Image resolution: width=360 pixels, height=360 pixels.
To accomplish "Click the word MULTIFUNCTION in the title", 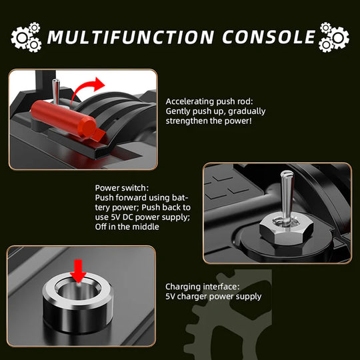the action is pyautogui.click(x=131, y=37).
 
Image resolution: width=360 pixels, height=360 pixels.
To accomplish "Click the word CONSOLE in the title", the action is pyautogui.click(x=269, y=37).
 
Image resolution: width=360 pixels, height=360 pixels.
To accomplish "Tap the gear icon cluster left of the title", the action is pyautogui.click(x=26, y=37).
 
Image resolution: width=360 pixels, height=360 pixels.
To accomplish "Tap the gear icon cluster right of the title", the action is pyautogui.click(x=334, y=37).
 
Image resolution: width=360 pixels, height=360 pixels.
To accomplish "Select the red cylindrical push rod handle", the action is pyautogui.click(x=63, y=119).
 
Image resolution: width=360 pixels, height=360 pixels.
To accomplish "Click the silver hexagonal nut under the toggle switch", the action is pyautogui.click(x=286, y=229).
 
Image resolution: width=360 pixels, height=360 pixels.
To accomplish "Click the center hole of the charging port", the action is pyautogui.click(x=78, y=291).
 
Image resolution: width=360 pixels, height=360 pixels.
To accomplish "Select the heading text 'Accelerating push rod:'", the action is pyautogui.click(x=209, y=101).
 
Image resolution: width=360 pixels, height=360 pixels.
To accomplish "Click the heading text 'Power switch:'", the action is pyautogui.click(x=122, y=188).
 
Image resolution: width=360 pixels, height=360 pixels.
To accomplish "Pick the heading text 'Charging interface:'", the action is pyautogui.click(x=202, y=287).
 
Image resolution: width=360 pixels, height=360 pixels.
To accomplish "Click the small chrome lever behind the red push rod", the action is pyautogui.click(x=56, y=92).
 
